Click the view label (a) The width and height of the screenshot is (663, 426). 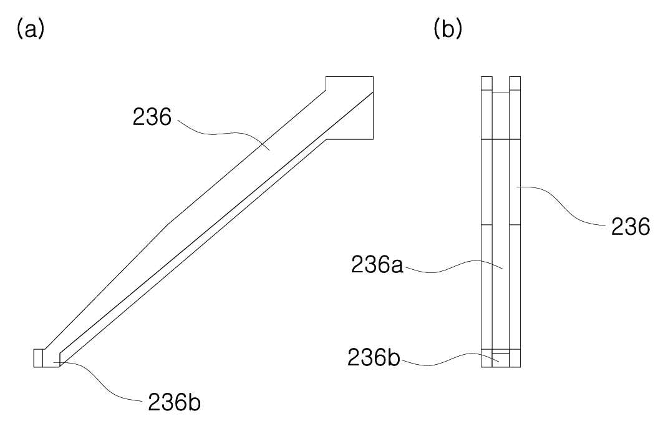tap(30, 29)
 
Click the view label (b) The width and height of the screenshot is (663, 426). tap(448, 29)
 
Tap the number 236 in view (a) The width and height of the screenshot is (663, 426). tap(152, 117)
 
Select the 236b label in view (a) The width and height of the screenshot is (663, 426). tap(174, 403)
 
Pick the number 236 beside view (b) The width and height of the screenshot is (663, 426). tap(631, 227)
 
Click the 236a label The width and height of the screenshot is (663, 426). tap(377, 265)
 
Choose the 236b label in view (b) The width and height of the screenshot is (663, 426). tap(374, 358)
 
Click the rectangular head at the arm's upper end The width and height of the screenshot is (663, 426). tap(350, 107)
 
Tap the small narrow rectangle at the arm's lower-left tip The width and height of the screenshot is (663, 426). tap(38, 358)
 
